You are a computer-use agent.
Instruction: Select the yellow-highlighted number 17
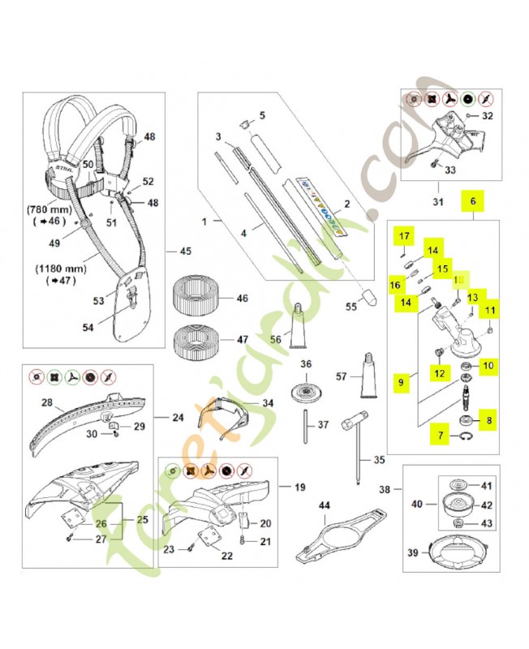[x=405, y=236]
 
